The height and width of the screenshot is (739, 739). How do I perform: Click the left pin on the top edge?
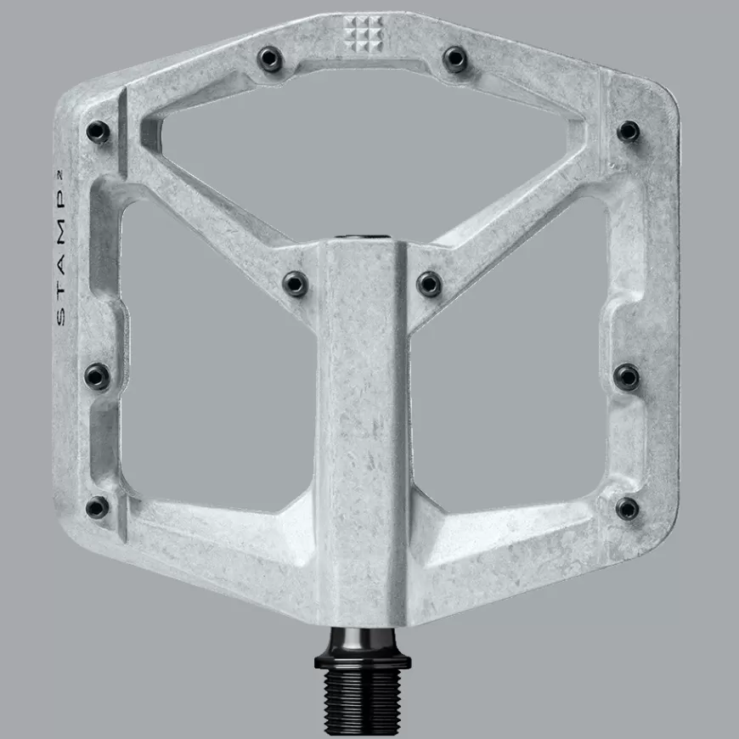(271, 59)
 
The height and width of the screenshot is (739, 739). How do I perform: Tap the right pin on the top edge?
(455, 59)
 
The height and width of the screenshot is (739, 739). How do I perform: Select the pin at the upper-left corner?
(98, 132)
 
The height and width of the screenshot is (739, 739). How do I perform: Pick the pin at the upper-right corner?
(628, 131)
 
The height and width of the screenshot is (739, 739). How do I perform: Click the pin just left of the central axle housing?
(295, 283)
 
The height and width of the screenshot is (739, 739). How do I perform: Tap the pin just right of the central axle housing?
(429, 283)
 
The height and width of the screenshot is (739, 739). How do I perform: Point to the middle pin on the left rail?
(98, 375)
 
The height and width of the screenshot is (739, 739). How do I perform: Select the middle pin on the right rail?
(627, 376)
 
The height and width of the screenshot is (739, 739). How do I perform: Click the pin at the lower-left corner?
(97, 507)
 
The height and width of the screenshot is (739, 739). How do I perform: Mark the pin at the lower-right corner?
(627, 508)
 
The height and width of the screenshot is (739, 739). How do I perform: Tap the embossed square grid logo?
(362, 31)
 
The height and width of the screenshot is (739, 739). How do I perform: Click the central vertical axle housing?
(363, 425)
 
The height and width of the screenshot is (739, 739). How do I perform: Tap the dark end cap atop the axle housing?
(363, 238)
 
